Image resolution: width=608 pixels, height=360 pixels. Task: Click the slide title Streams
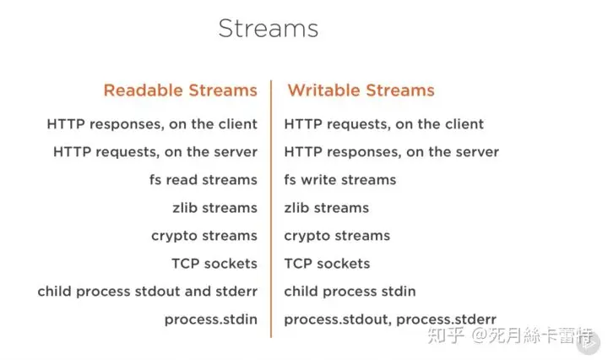pyautogui.click(x=269, y=29)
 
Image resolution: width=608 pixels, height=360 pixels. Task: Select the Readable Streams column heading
pyautogui.click(x=181, y=90)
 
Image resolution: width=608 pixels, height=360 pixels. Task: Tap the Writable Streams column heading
pyautogui.click(x=361, y=90)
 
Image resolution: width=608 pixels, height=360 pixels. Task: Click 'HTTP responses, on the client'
pyautogui.click(x=152, y=124)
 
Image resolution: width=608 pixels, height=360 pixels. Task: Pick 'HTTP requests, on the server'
pyautogui.click(x=155, y=151)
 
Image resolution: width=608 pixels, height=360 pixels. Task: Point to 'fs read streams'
pyautogui.click(x=204, y=180)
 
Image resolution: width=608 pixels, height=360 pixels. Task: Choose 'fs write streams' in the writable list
pyautogui.click(x=340, y=180)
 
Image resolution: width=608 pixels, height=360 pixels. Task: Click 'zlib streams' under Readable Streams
pyautogui.click(x=214, y=208)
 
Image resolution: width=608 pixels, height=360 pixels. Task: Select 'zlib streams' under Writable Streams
pyautogui.click(x=327, y=208)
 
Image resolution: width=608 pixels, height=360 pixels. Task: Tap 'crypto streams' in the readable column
pyautogui.click(x=204, y=236)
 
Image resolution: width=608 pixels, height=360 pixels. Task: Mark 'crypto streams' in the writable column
pyautogui.click(x=337, y=236)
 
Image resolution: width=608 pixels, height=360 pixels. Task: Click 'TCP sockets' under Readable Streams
pyautogui.click(x=214, y=264)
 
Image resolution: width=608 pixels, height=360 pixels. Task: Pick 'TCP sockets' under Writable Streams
pyautogui.click(x=327, y=264)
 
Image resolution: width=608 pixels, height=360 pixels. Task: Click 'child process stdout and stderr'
pyautogui.click(x=147, y=292)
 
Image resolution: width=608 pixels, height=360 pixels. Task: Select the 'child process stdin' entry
pyautogui.click(x=350, y=292)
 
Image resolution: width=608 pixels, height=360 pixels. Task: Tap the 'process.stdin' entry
pyautogui.click(x=211, y=319)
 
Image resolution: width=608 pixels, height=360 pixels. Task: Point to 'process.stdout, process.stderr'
pyautogui.click(x=390, y=319)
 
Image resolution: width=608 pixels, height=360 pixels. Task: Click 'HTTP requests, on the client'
pyautogui.click(x=384, y=124)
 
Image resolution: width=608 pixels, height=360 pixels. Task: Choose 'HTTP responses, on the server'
pyautogui.click(x=391, y=151)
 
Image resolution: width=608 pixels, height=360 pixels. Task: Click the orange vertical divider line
pyautogui.click(x=271, y=209)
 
